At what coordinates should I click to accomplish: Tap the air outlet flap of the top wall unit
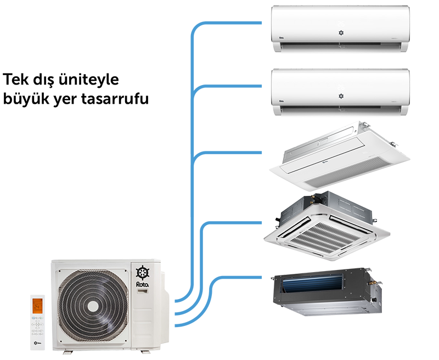[340, 47]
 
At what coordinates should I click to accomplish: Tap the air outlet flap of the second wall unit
[340, 110]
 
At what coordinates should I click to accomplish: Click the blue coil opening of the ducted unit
[307, 284]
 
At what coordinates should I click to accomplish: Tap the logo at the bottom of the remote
[38, 342]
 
